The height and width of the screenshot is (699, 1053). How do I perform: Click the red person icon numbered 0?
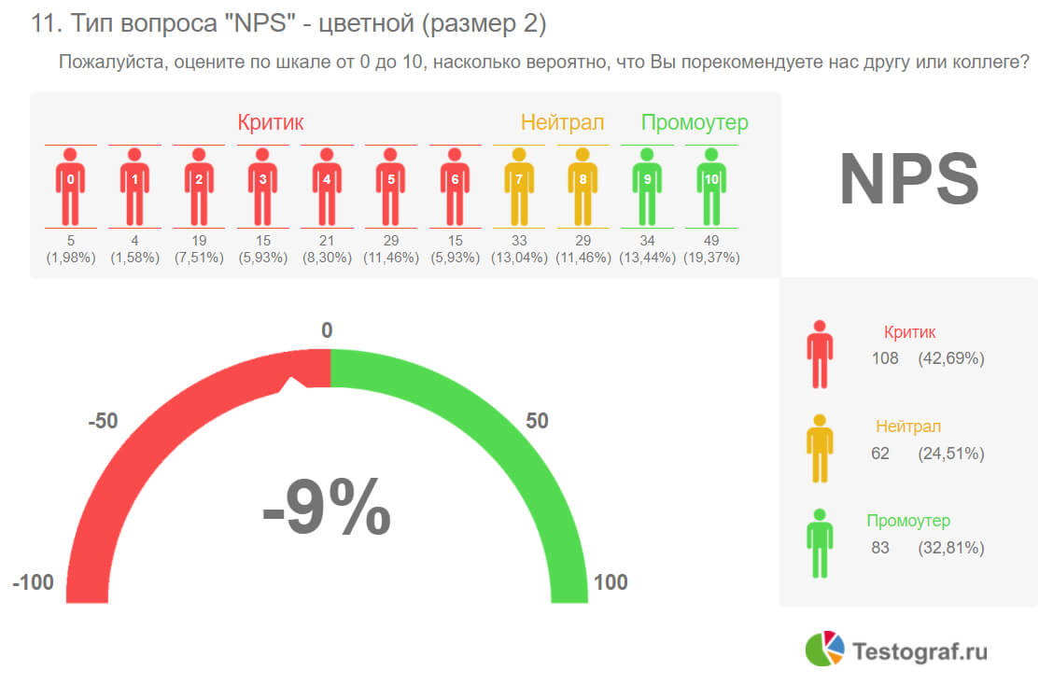pos(71,186)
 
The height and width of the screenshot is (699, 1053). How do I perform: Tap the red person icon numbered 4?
pos(327,186)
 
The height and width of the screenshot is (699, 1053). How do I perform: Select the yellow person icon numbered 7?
pos(519,186)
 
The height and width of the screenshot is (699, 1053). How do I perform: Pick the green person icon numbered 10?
pos(711,186)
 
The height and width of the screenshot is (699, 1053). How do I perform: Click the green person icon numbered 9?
pos(647,186)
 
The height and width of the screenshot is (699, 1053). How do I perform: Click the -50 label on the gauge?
pos(103,421)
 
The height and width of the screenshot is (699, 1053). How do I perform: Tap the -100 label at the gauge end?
pos(34,583)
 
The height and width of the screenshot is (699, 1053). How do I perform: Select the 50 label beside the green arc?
pos(537,421)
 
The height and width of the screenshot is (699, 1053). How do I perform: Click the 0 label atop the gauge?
pos(327,330)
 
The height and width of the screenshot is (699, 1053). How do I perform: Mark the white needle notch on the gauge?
pos(296,383)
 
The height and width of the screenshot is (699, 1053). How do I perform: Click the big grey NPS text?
pos(908,180)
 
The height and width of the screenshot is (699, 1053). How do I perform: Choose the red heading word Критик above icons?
pos(271,122)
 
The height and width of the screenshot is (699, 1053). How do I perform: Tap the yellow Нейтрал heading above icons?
pos(562,122)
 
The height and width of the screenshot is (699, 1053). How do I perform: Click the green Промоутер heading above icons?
pos(695,122)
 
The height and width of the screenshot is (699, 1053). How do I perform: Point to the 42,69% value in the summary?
pos(950,358)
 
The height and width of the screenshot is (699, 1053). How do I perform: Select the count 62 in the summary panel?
pos(880,454)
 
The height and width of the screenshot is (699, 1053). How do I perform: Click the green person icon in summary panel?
pos(820,544)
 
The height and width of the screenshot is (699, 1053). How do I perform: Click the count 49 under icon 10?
pos(711,242)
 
